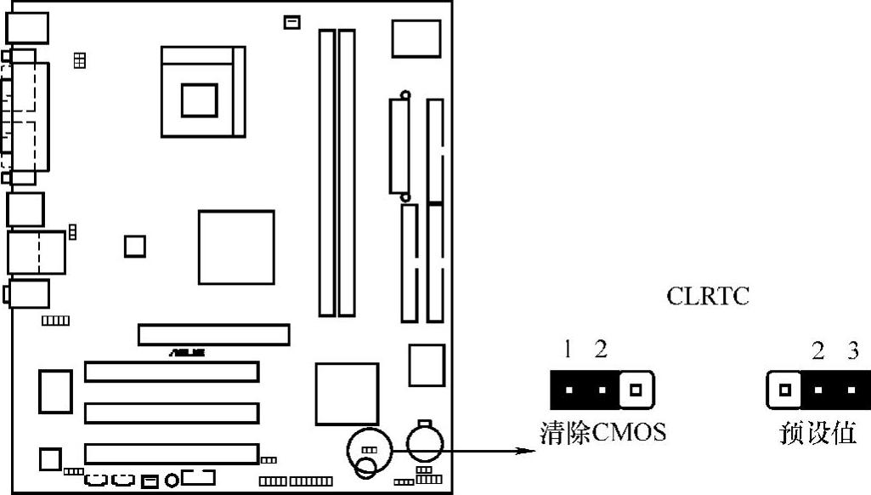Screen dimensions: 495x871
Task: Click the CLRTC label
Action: coord(708,298)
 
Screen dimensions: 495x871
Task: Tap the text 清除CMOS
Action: coord(603,433)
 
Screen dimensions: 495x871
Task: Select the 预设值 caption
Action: coord(818,433)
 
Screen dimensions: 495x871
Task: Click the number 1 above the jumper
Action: coord(568,349)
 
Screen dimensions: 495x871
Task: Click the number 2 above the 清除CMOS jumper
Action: coord(601,349)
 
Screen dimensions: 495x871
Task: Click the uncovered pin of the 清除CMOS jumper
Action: coord(636,390)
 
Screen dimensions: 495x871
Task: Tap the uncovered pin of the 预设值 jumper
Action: coord(784,390)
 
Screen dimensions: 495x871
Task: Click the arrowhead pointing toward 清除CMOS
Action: coord(529,449)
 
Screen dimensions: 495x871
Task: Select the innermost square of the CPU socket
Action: coord(200,99)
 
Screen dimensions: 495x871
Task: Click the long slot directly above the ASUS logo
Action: coord(213,334)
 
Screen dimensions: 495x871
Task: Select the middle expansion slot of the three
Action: coord(171,413)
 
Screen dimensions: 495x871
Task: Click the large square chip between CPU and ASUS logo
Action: coord(235,247)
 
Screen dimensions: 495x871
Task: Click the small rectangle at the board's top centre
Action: coord(291,22)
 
